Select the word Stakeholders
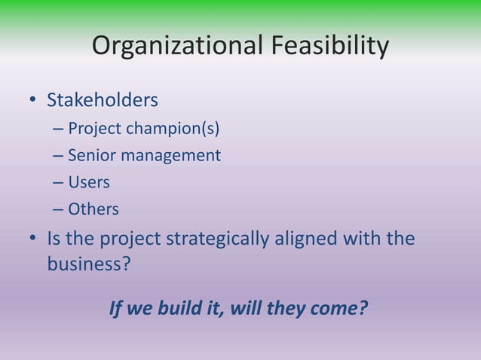[x=103, y=100]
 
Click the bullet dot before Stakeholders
[x=32, y=101]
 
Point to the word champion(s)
[x=173, y=129]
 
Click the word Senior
[x=90, y=156]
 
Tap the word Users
[x=89, y=182]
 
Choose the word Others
[x=93, y=209]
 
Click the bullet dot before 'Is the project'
[x=32, y=239]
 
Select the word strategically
[x=216, y=239]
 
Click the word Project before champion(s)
[x=94, y=129]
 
